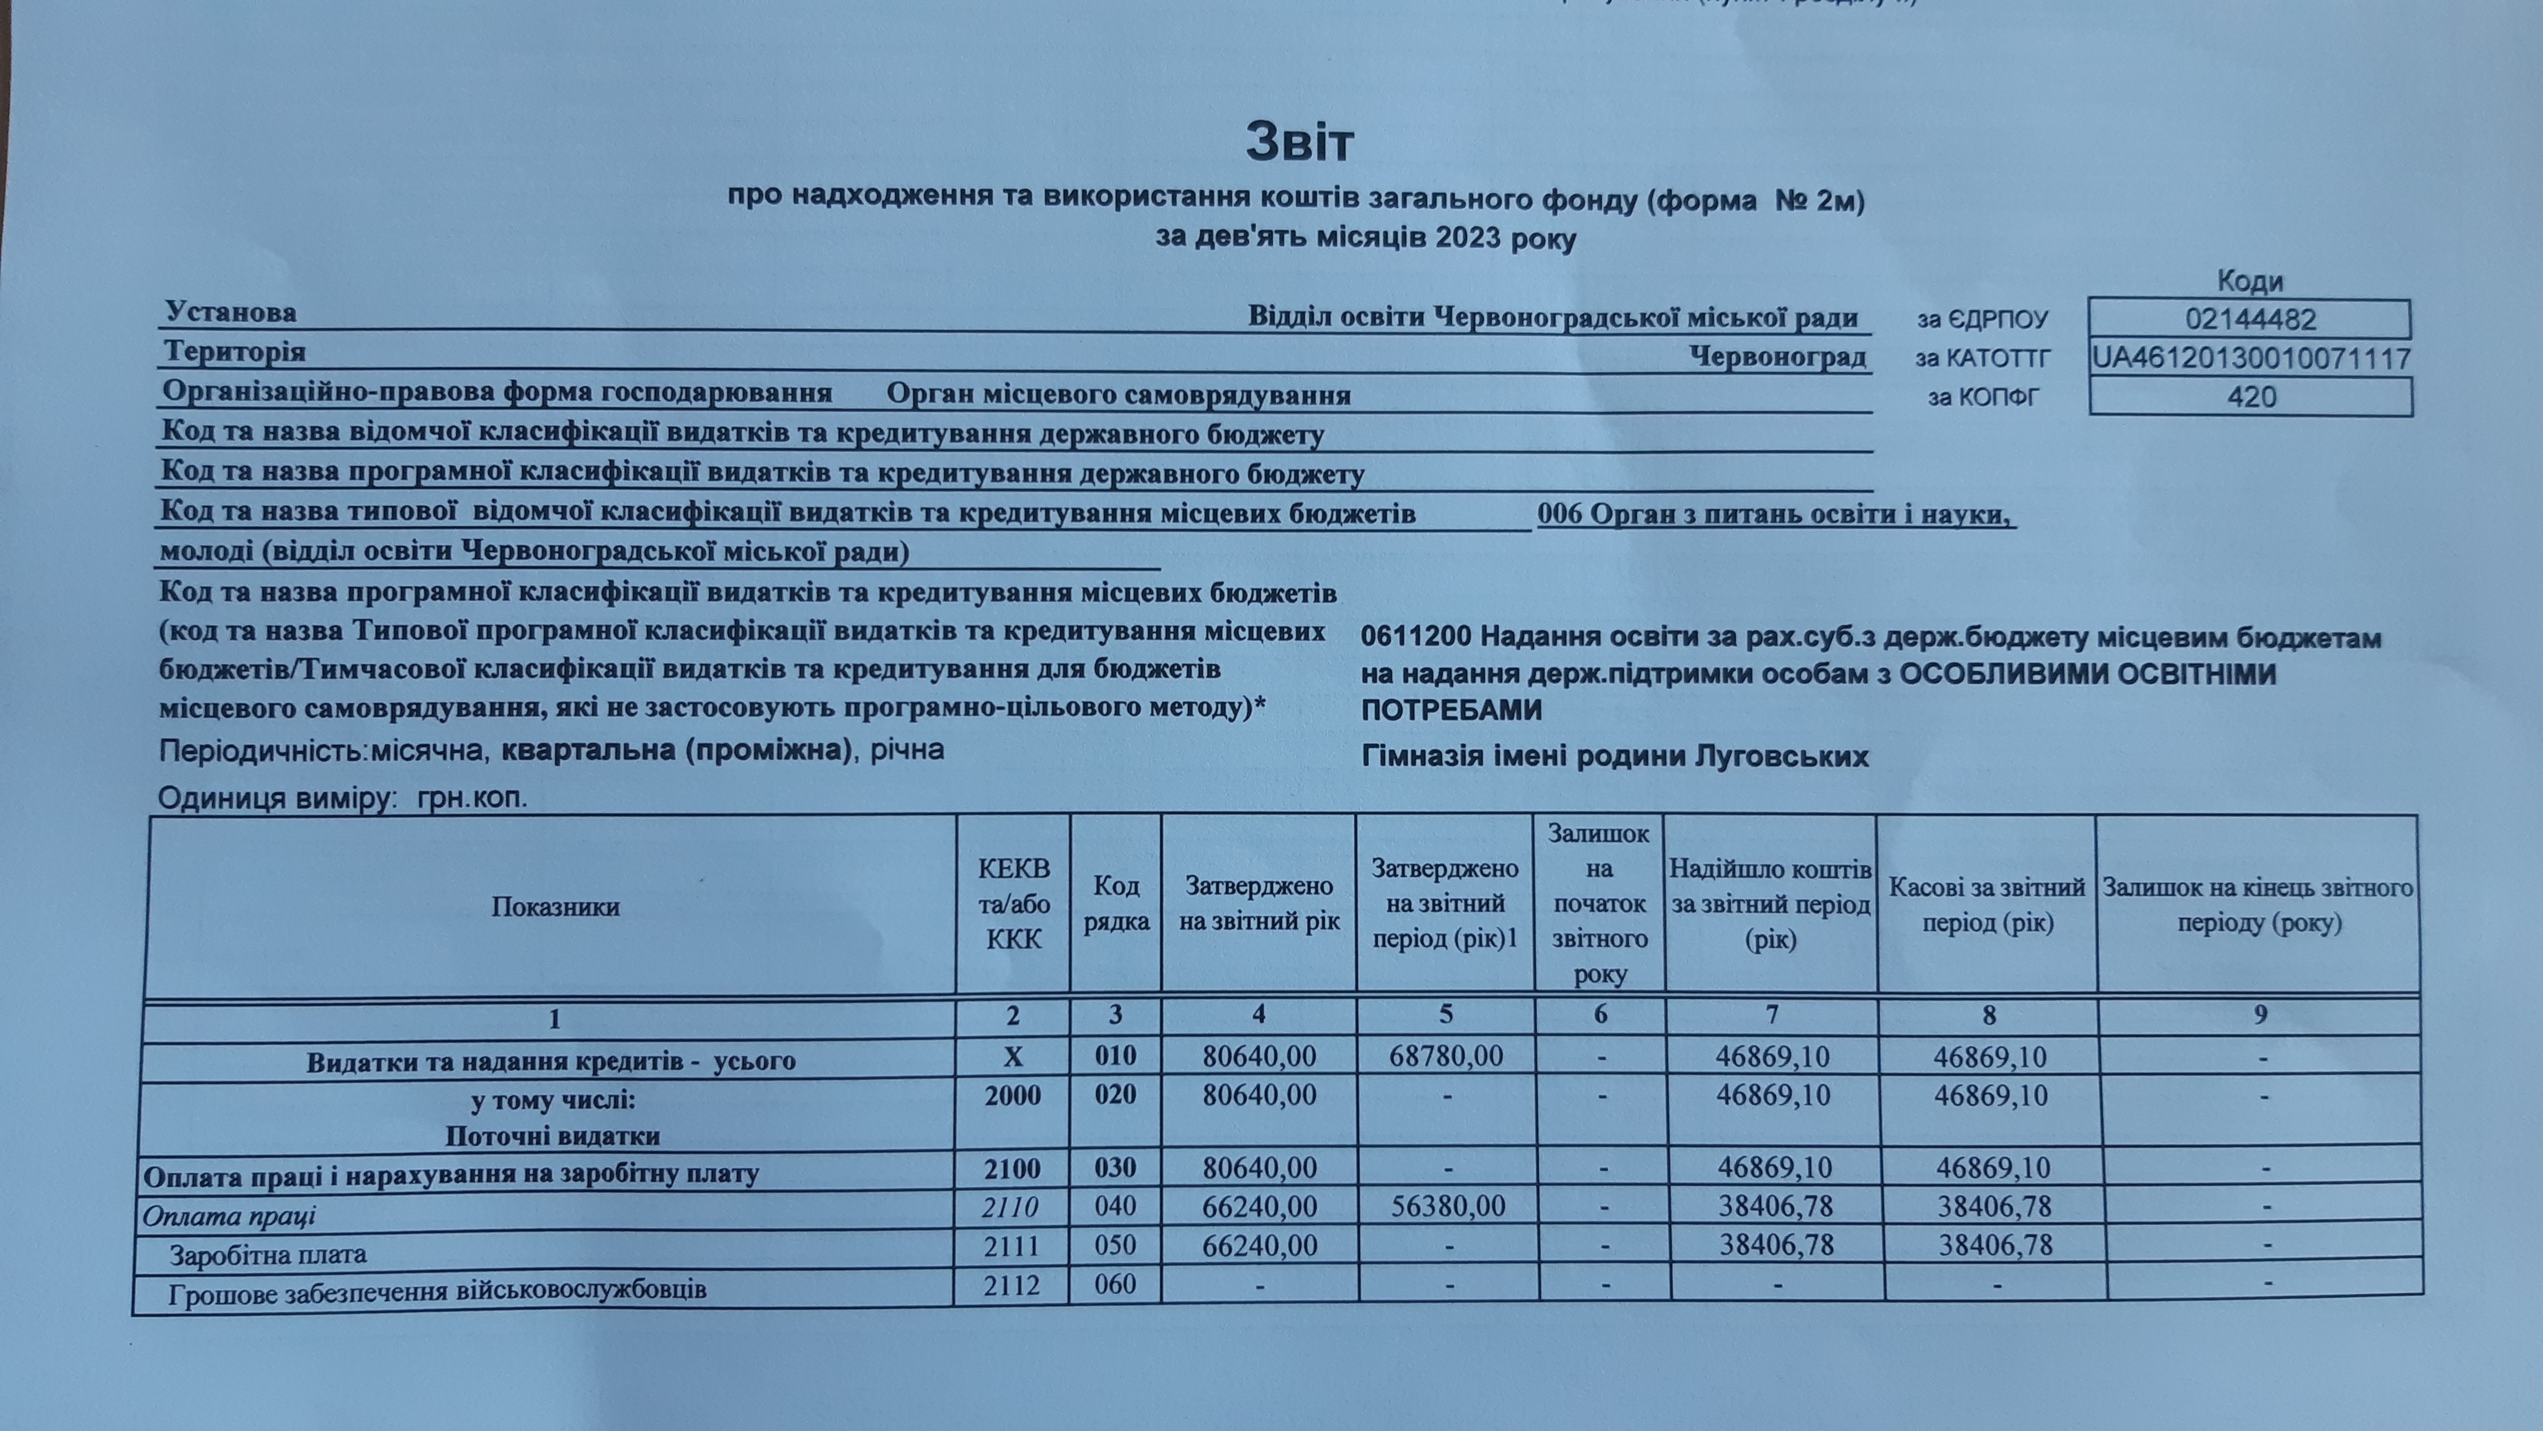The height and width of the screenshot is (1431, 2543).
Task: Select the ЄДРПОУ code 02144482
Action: [2250, 319]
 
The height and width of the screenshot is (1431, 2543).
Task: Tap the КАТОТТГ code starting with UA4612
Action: [2251, 358]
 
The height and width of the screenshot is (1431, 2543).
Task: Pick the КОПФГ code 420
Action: [2251, 397]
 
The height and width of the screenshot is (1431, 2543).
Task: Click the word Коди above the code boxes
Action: [2250, 282]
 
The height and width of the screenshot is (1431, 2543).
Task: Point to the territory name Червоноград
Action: [1777, 356]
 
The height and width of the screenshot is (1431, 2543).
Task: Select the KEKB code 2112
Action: [1012, 1284]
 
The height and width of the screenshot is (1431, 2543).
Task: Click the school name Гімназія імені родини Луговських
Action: [1615, 756]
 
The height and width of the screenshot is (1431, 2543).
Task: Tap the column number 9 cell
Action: [2260, 1014]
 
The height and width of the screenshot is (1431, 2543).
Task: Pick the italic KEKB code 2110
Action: [1011, 1206]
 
